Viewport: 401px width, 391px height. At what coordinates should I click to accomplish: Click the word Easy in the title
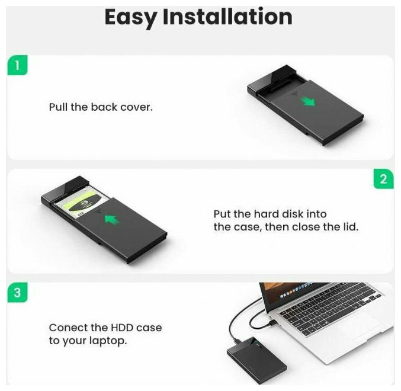(x=131, y=17)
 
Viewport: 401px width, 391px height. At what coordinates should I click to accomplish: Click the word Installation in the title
(x=227, y=17)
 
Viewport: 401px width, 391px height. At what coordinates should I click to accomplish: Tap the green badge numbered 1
(x=17, y=65)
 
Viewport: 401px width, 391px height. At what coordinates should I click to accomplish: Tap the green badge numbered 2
(x=383, y=179)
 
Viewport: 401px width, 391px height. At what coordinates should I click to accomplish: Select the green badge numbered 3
(x=17, y=292)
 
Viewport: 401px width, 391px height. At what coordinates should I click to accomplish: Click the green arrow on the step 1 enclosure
(x=309, y=101)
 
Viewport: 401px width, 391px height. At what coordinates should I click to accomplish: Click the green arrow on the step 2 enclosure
(x=112, y=219)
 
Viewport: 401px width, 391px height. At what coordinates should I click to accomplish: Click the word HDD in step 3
(x=122, y=328)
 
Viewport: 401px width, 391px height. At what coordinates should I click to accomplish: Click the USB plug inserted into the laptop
(x=272, y=323)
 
